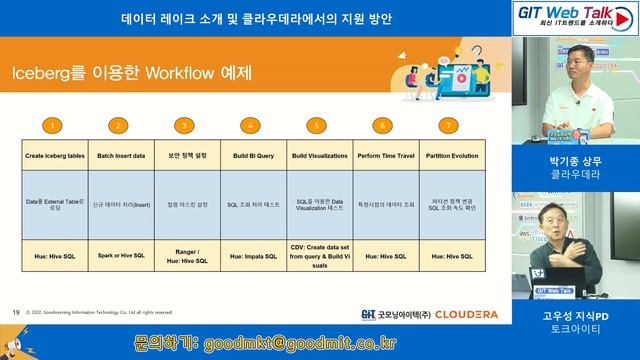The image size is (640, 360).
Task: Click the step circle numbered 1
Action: pos(54,125)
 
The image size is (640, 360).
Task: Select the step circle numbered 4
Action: pos(251,125)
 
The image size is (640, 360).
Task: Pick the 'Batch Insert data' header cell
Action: pos(120,158)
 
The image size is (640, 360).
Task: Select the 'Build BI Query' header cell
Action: pos(251,158)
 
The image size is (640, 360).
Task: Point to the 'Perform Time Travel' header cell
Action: pos(382,158)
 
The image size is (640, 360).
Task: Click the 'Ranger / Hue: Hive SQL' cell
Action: pos(185,256)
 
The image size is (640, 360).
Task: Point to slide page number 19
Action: pos(16,312)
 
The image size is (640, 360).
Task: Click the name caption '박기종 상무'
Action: pos(573,158)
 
